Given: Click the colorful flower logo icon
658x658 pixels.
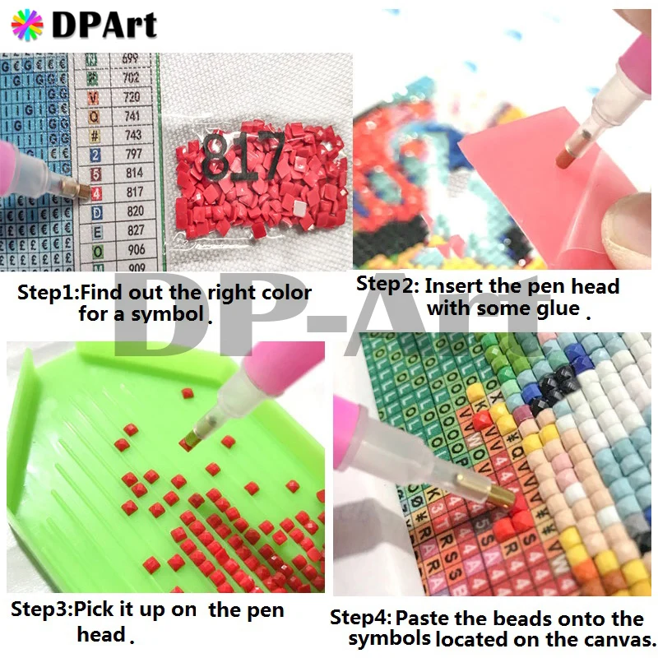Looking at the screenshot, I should (27, 25).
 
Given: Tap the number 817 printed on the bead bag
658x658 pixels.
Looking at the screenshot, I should (243, 153).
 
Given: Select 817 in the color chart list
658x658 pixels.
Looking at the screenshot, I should (134, 192).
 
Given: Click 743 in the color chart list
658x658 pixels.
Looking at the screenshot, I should (133, 135).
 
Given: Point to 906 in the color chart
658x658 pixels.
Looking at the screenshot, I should (135, 249).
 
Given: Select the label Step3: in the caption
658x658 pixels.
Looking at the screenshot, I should (42, 611).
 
